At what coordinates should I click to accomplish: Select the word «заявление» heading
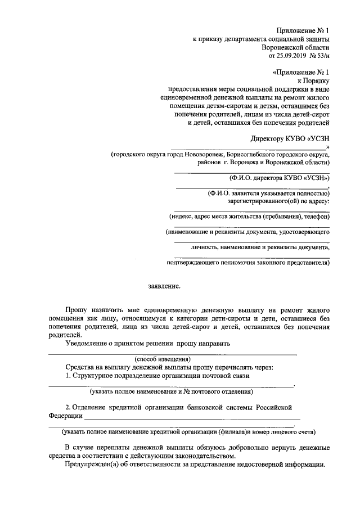165,286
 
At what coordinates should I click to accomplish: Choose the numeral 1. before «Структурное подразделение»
68,375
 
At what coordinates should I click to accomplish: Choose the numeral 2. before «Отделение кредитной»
68,407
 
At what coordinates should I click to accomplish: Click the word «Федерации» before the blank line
65,416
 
